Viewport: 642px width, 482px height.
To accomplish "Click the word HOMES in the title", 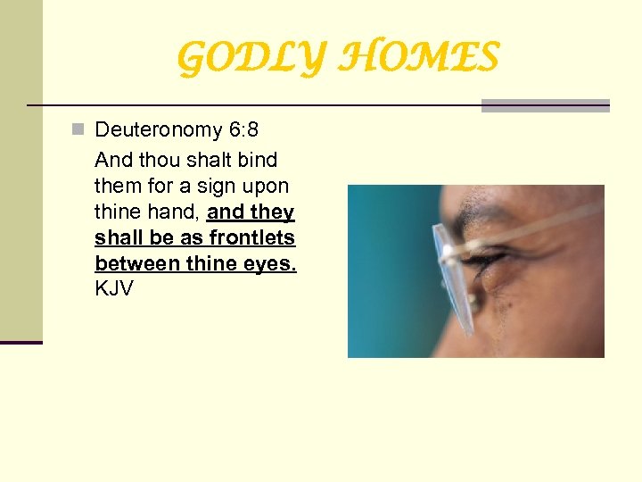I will tap(422, 59).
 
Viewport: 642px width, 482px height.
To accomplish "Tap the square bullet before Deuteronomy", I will tap(78, 130).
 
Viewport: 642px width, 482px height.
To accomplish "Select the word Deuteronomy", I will tap(159, 130).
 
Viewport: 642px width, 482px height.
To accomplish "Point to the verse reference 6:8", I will tap(243, 130).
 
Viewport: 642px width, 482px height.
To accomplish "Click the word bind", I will tap(258, 161).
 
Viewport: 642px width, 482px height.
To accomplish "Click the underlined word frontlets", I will tap(251, 238).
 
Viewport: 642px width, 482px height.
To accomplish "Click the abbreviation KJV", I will tap(113, 290).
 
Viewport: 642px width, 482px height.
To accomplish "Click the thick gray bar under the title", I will tap(545, 105).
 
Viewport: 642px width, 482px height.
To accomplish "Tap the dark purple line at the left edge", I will tap(21, 343).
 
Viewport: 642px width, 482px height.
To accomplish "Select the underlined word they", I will tap(272, 212).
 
